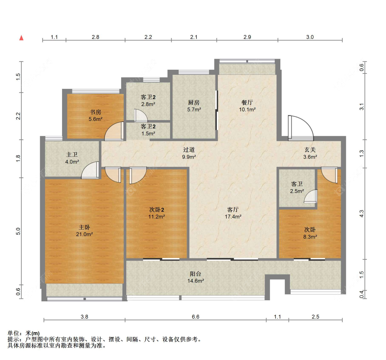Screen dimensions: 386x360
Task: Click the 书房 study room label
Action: pyautogui.click(x=95, y=112)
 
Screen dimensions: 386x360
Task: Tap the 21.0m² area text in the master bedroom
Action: pyautogui.click(x=84, y=234)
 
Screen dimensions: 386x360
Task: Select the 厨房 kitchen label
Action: pyautogui.click(x=194, y=102)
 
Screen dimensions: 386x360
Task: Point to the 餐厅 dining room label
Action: pyautogui.click(x=247, y=102)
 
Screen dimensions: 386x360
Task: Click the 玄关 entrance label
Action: pyautogui.click(x=310, y=150)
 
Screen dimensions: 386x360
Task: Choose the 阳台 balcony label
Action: pyautogui.click(x=196, y=274)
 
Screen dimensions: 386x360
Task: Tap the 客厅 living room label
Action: pyautogui.click(x=233, y=210)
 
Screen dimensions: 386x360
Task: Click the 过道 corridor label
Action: pyautogui.click(x=189, y=150)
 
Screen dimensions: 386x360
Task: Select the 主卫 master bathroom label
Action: pyautogui.click(x=72, y=155)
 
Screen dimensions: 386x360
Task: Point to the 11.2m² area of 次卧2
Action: pyautogui.click(x=156, y=217)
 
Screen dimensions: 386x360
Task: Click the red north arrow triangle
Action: pyautogui.click(x=21, y=38)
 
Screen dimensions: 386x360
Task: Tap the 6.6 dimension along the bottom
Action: pyautogui.click(x=196, y=317)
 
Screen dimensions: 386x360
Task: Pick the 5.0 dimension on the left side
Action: pyautogui.click(x=18, y=231)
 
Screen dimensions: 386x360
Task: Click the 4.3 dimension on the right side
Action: pyautogui.click(x=361, y=213)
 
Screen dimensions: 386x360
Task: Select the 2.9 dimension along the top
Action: pyautogui.click(x=247, y=37)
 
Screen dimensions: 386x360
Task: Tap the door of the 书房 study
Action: pyautogui.click(x=114, y=131)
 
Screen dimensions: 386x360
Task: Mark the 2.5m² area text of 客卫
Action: pyautogui.click(x=297, y=191)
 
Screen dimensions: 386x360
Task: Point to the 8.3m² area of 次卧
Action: pyautogui.click(x=310, y=237)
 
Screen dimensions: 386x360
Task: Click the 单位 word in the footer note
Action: pyautogui.click(x=13, y=333)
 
